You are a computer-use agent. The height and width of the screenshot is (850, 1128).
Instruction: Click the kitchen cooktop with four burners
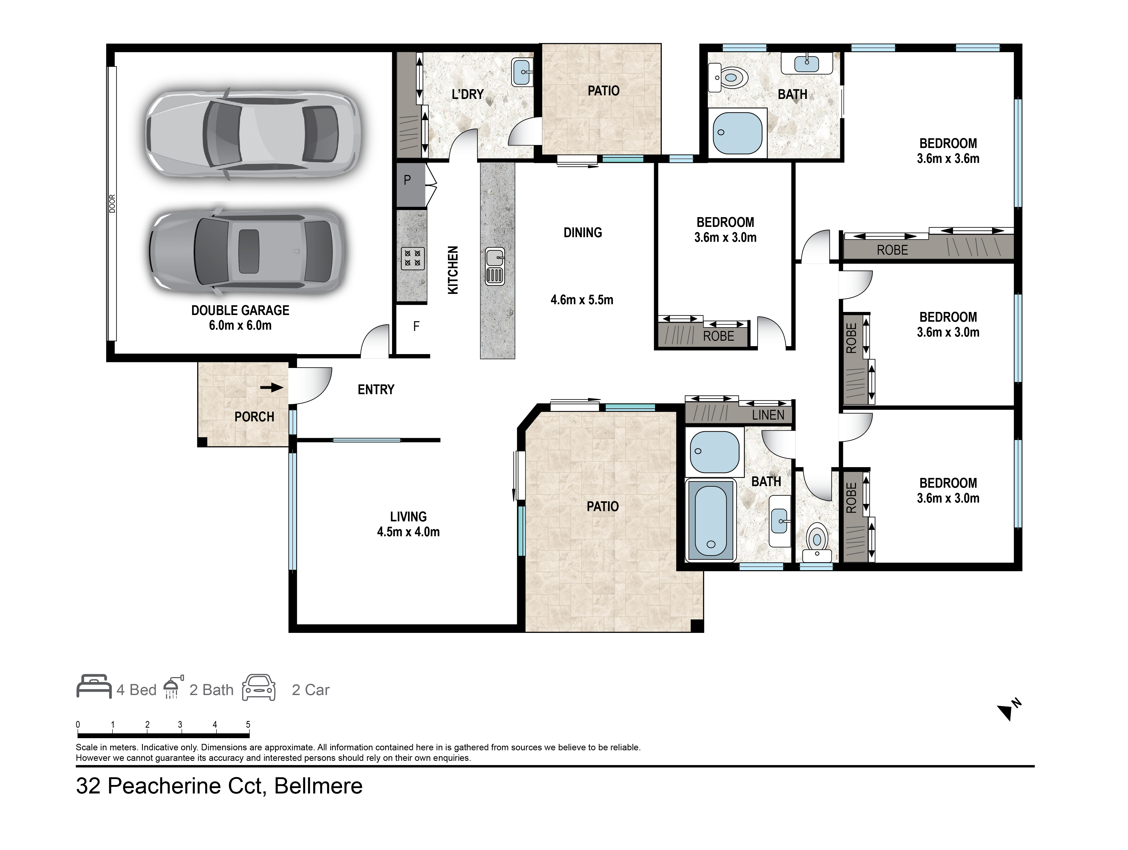(413, 259)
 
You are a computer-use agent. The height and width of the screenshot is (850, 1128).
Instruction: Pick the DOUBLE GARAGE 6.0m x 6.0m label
(240, 317)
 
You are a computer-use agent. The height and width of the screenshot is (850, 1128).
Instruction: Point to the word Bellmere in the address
(318, 786)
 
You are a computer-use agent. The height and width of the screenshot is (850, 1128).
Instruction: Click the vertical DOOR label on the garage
(112, 204)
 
